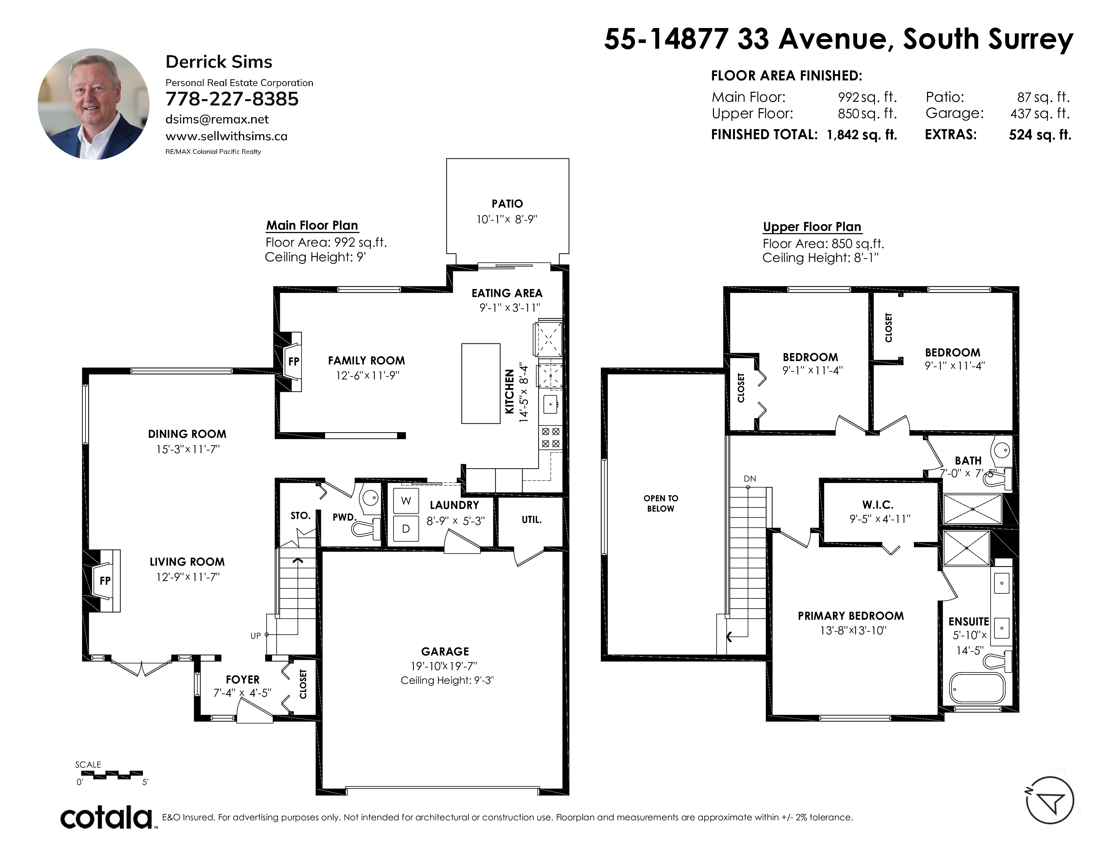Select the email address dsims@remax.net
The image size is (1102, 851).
pos(217,119)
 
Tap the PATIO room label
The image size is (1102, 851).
pos(507,204)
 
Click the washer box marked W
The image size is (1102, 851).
pos(406,501)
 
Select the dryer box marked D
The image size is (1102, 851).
pos(406,528)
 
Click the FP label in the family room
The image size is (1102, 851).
pos(294,361)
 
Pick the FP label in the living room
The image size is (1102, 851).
pos(105,581)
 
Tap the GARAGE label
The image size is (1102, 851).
pos(445,651)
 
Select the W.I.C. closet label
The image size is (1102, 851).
pos(878,505)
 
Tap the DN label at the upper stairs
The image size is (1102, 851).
pos(750,479)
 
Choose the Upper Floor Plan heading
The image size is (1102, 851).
pos(812,227)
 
